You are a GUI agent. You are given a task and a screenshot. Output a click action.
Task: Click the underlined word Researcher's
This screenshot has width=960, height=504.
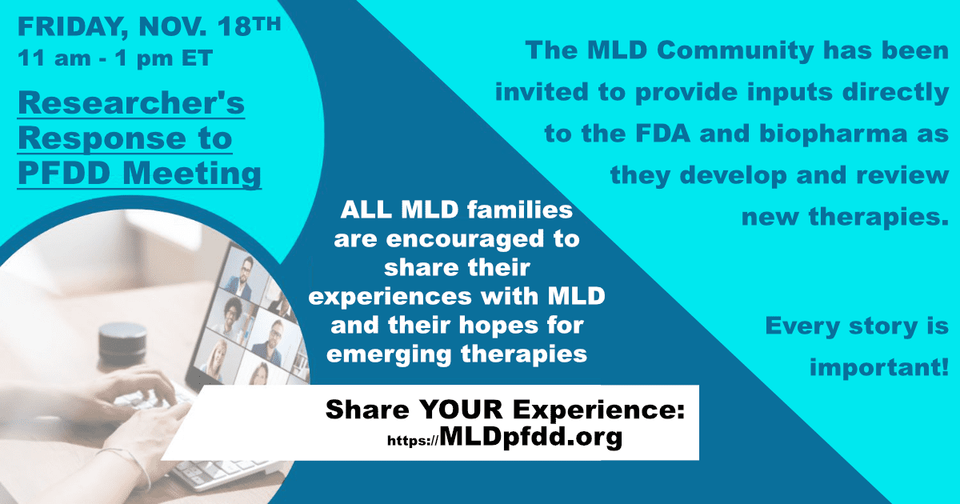[x=131, y=103]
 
